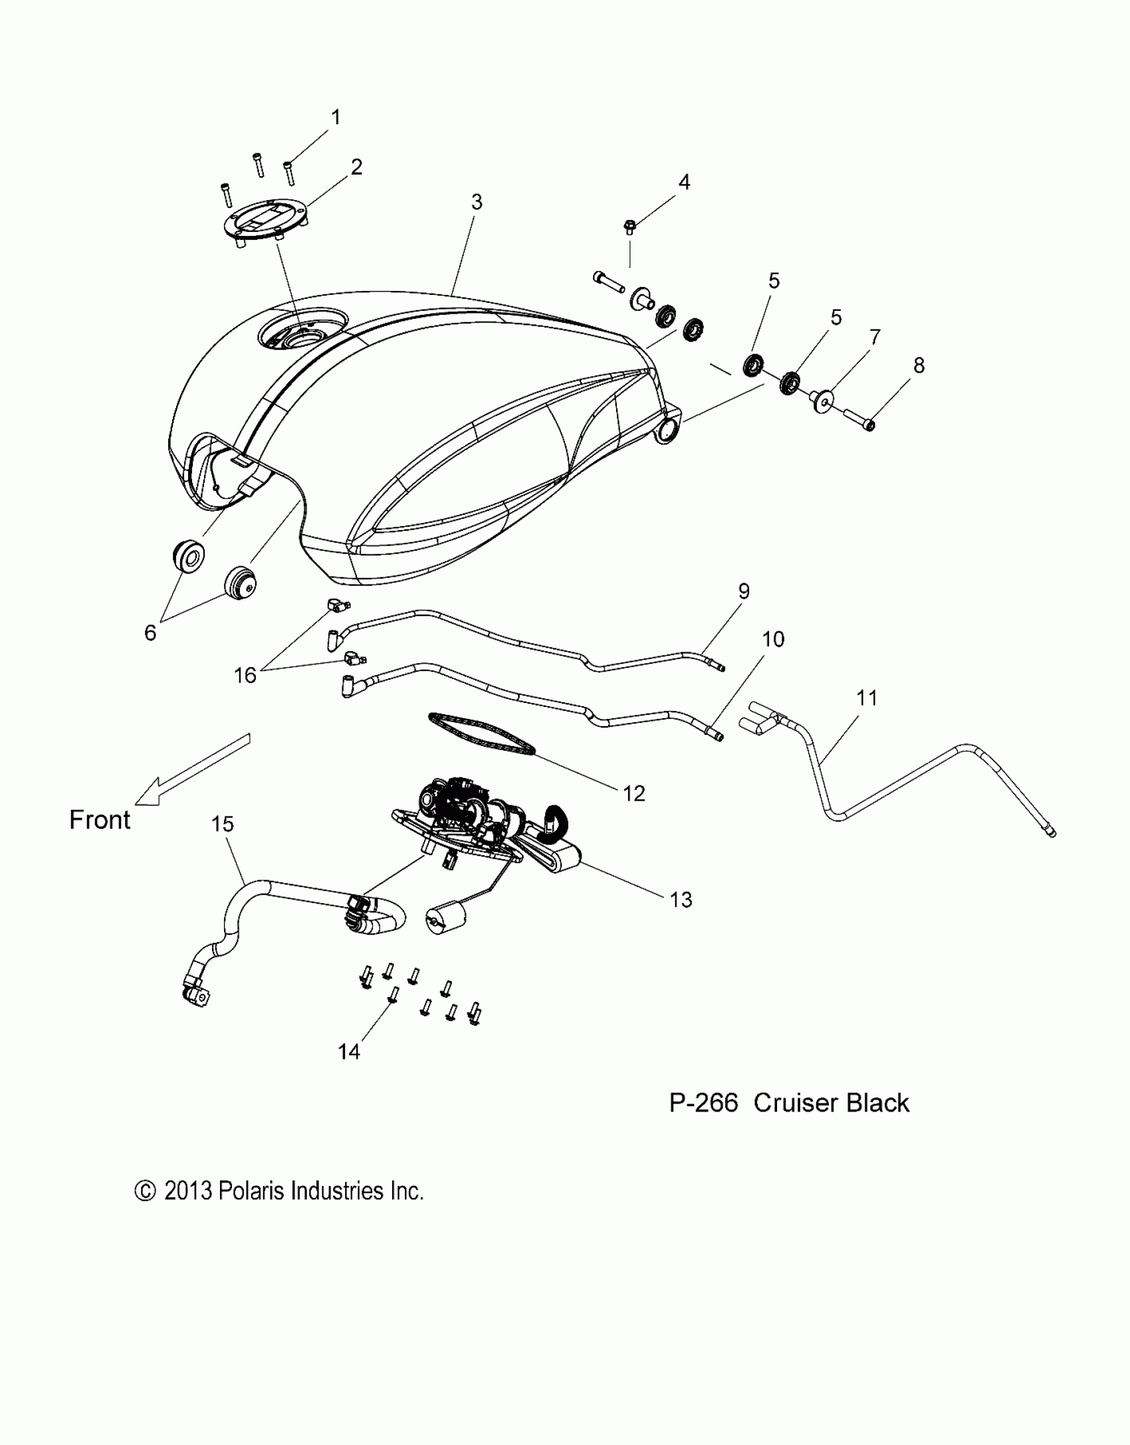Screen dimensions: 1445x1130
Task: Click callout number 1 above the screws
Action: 336,118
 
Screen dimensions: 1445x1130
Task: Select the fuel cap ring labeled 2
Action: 267,224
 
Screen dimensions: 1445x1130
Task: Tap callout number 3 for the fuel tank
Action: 477,202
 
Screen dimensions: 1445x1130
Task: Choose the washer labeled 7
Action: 822,401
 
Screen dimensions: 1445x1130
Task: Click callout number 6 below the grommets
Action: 150,633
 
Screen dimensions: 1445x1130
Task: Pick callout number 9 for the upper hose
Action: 744,591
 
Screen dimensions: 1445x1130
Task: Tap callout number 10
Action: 773,639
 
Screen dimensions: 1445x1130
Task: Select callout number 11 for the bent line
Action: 867,698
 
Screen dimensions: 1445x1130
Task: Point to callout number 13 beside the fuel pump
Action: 681,900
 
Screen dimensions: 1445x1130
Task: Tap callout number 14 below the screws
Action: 349,1052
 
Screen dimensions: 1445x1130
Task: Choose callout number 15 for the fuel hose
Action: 223,824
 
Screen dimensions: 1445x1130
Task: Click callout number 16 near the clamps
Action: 245,675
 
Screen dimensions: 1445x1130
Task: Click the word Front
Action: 100,820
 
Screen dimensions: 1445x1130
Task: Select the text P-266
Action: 703,1103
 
